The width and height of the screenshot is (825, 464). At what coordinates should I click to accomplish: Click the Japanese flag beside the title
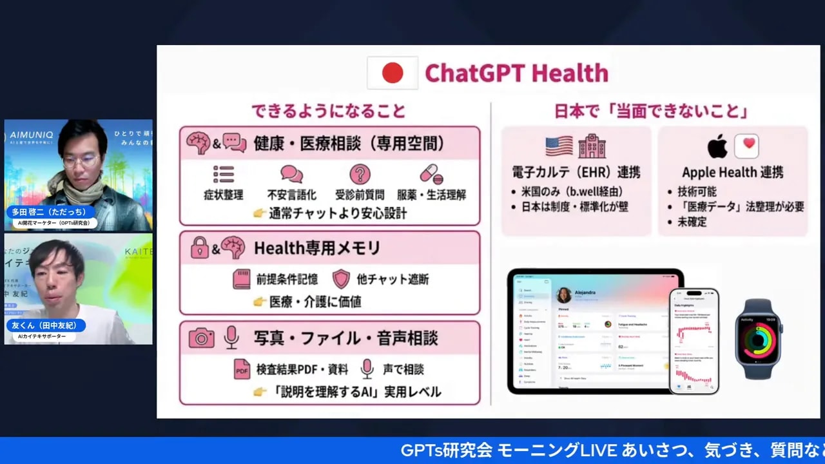click(393, 73)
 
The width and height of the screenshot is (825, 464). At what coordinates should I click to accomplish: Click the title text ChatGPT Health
click(516, 73)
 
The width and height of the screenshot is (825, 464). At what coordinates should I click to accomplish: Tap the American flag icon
click(559, 146)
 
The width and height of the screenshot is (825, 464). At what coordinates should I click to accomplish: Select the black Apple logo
click(717, 146)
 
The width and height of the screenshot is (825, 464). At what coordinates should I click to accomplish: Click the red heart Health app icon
click(746, 146)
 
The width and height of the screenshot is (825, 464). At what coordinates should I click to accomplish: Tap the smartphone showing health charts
click(694, 340)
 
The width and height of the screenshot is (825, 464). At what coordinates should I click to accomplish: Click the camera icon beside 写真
click(202, 338)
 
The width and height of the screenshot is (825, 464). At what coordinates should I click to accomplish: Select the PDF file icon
click(242, 369)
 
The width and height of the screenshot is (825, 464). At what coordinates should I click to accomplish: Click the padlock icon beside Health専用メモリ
click(200, 248)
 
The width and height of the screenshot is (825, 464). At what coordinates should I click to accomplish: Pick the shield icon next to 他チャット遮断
click(341, 279)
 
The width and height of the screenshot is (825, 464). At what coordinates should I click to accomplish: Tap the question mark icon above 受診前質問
click(360, 174)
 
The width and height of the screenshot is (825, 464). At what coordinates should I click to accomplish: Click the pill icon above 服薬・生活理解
click(431, 174)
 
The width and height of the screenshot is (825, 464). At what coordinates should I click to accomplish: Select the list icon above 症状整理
click(224, 174)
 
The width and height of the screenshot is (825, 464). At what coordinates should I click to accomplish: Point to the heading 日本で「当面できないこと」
click(651, 111)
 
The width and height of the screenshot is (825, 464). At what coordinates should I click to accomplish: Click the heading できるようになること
click(329, 111)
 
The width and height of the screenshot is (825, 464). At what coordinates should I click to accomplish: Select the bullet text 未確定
click(692, 221)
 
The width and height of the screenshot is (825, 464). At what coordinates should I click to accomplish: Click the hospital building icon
click(591, 146)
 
